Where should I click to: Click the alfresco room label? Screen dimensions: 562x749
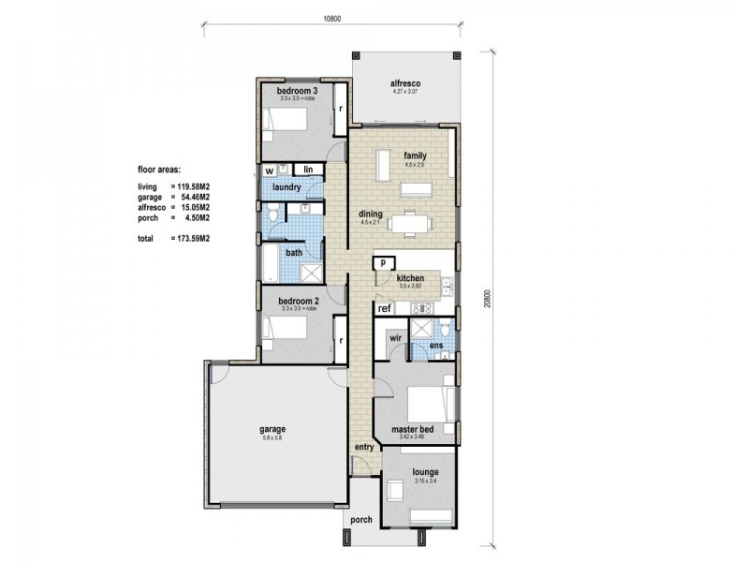pyautogui.click(x=407, y=83)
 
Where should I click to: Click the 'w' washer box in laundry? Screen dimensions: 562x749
pyautogui.click(x=269, y=170)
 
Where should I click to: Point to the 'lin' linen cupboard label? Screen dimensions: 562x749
pyautogui.click(x=307, y=170)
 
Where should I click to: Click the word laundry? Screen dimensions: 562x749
pyautogui.click(x=286, y=187)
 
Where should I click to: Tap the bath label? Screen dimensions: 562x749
pyautogui.click(x=294, y=252)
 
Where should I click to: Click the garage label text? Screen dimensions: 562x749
pyautogui.click(x=272, y=429)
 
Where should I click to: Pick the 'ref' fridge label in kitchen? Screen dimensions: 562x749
pyautogui.click(x=384, y=308)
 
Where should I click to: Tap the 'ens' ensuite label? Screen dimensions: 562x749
pyautogui.click(x=435, y=347)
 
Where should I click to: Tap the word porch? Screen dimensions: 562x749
pyautogui.click(x=363, y=520)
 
